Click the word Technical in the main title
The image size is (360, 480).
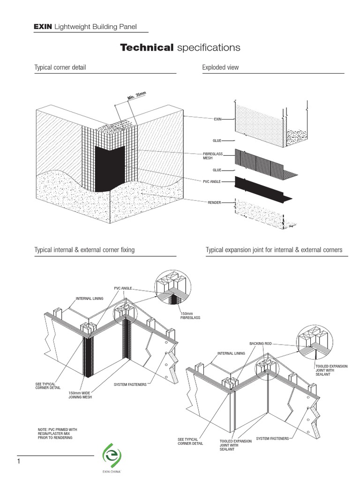(x=147, y=47)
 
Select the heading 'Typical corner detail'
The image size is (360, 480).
(x=60, y=67)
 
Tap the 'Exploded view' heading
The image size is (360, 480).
(x=220, y=67)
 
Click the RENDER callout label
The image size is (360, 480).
(x=214, y=202)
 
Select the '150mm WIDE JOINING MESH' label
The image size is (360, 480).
(x=80, y=395)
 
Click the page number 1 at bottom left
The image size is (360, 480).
(x=19, y=462)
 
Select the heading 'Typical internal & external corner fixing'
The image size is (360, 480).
(x=84, y=250)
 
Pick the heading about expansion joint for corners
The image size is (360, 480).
(x=274, y=250)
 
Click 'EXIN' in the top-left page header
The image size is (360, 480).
(x=43, y=27)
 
